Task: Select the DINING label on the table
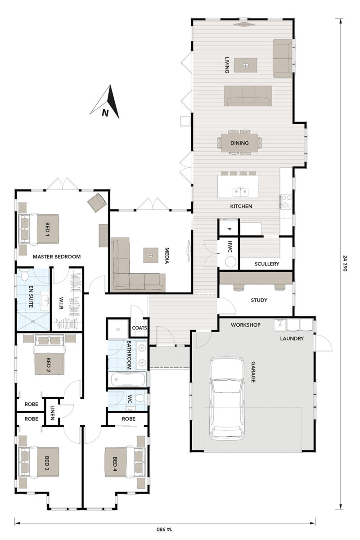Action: pos(239,143)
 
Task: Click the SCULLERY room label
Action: pos(267,264)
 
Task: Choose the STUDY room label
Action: pos(259,300)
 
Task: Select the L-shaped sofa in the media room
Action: pos(130,274)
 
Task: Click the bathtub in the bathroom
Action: pos(127,379)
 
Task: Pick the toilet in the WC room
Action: pos(141,398)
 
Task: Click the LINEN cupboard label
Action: pos(53,412)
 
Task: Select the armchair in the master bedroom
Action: pos(97,203)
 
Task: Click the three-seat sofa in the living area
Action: pos(248,95)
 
